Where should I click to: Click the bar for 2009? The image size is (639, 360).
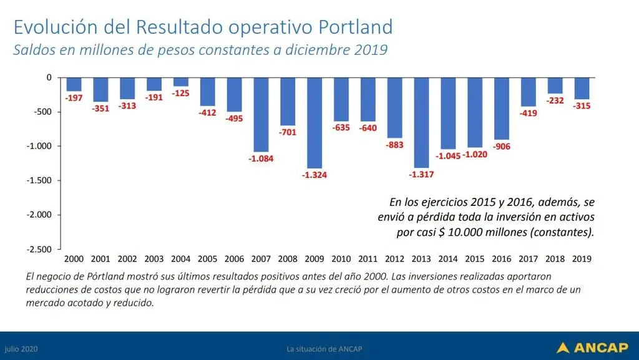pyautogui.click(x=315, y=122)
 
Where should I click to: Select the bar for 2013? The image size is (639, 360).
pyautogui.click(x=421, y=122)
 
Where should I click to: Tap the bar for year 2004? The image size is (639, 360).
pyautogui.click(x=181, y=82)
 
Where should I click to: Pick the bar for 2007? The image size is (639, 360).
pyautogui.click(x=261, y=114)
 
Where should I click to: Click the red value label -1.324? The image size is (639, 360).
pyautogui.click(x=314, y=175)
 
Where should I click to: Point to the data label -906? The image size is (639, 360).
pyautogui.click(x=501, y=146)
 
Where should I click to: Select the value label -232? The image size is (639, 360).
pyautogui.click(x=555, y=100)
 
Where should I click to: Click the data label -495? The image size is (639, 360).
pyautogui.click(x=235, y=118)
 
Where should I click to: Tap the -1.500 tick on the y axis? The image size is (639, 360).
pyautogui.click(x=41, y=180)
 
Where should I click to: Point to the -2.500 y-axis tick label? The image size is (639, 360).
pyautogui.click(x=41, y=249)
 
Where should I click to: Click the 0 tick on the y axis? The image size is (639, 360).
pyautogui.click(x=49, y=77)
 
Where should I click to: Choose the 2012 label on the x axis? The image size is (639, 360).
pyautogui.click(x=394, y=258)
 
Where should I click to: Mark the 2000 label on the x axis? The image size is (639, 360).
pyautogui.click(x=74, y=258)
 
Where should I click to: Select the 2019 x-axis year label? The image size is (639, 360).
pyautogui.click(x=582, y=258)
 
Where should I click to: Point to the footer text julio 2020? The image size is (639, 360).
pyautogui.click(x=21, y=348)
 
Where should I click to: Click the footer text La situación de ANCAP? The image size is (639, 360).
pyautogui.click(x=319, y=348)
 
